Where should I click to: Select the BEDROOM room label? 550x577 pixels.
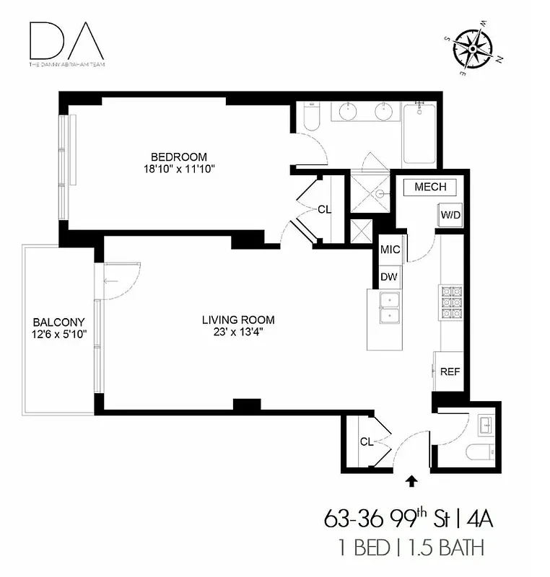tap(178, 157)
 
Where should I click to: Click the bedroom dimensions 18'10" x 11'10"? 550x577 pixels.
tap(179, 169)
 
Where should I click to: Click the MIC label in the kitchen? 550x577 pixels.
tap(390, 250)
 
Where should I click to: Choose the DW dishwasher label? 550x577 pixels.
tap(390, 276)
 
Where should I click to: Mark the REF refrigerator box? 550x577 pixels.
tap(450, 372)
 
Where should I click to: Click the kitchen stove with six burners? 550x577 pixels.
tap(450, 302)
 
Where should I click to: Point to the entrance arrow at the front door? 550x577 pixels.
tap(412, 479)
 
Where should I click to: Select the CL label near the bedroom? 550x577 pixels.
tap(324, 210)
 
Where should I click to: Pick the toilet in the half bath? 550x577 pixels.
tap(479, 453)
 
